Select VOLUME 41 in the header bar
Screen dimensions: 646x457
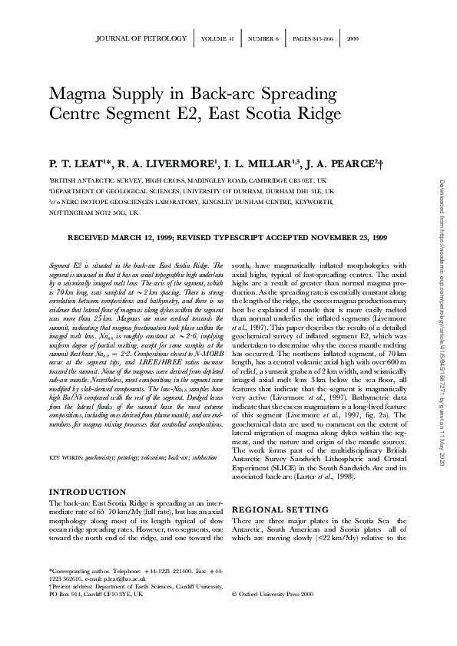219,38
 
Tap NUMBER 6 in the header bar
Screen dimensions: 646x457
264,38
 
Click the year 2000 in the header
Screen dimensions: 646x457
353,38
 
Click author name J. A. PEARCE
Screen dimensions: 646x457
336,163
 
